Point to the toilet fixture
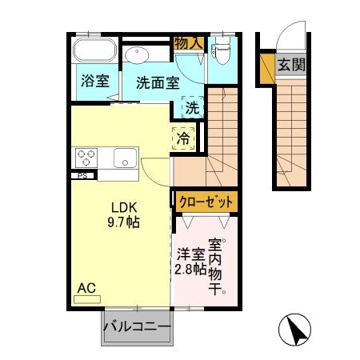click(x=222, y=50)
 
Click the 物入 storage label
click(x=189, y=42)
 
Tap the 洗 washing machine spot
click(x=192, y=106)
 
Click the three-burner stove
click(x=86, y=156)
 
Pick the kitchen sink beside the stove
click(x=123, y=157)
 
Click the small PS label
click(x=82, y=175)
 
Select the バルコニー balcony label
click(x=137, y=327)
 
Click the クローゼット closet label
click(x=205, y=201)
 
